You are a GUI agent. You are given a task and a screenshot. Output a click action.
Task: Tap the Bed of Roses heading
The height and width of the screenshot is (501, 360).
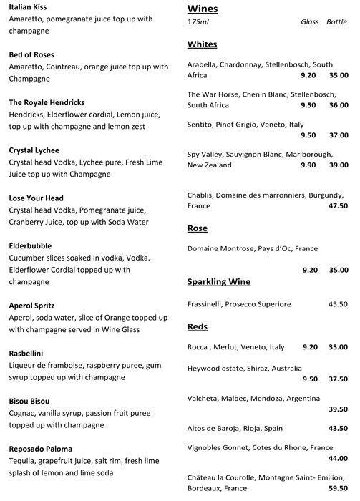pos(31,54)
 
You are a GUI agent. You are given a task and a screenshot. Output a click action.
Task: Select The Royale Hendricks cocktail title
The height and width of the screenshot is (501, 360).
pos(48,102)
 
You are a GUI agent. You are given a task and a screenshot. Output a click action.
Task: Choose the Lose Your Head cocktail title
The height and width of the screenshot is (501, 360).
pos(36,198)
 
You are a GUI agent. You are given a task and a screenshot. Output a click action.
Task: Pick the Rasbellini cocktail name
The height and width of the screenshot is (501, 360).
pos(29,352)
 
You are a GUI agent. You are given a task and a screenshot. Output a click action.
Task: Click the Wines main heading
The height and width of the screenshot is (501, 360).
pos(203,9)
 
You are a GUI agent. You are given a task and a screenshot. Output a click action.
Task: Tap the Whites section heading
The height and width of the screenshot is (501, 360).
pos(202,44)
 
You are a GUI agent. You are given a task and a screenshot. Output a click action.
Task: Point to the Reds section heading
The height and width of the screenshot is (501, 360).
pos(198,326)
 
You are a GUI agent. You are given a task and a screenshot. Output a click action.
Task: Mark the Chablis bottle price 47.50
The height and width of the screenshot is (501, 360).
pos(338,206)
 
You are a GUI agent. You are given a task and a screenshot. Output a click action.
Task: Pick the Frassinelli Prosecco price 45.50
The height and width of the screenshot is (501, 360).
pos(338,304)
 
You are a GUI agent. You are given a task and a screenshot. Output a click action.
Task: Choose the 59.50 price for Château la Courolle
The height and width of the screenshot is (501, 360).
pos(338,488)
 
